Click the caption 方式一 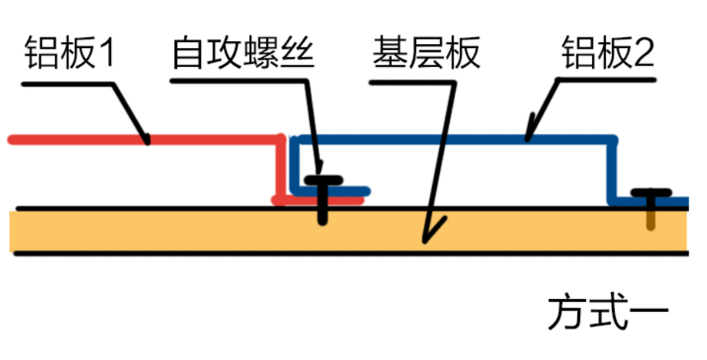pos(608,313)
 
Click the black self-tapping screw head pos(323,181)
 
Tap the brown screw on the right pos(651,213)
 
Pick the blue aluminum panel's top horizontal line pos(457,139)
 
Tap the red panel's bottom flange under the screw pos(304,201)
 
